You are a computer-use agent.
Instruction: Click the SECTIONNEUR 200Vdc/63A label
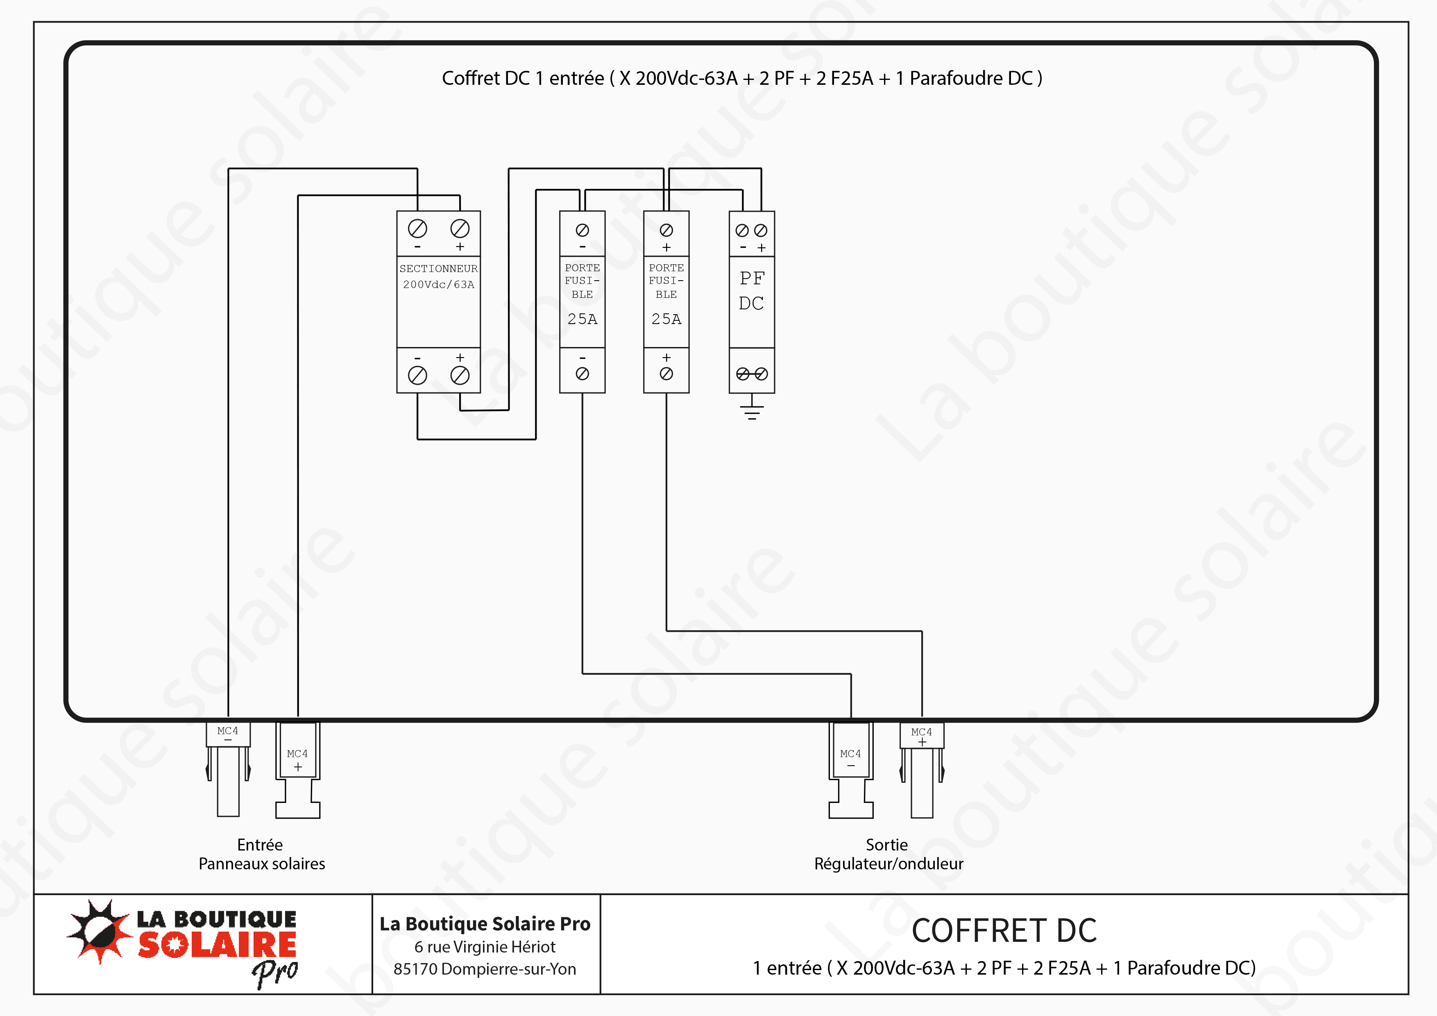(x=438, y=276)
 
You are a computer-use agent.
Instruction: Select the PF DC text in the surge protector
(x=752, y=290)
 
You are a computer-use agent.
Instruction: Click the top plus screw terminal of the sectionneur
(x=460, y=229)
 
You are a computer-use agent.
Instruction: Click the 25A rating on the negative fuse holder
(x=582, y=319)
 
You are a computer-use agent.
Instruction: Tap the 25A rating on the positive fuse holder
(x=666, y=319)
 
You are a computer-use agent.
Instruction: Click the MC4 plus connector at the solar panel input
(x=298, y=770)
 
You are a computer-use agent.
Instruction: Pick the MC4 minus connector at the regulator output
(x=850, y=770)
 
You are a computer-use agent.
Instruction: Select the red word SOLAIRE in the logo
(x=217, y=945)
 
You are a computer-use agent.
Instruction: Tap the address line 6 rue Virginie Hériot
(x=485, y=946)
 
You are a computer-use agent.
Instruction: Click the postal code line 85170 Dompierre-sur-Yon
(x=485, y=969)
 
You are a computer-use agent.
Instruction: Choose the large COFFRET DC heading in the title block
(x=1004, y=930)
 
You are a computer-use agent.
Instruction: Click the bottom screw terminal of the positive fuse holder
(x=666, y=374)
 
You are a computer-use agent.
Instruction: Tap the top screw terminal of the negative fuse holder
(x=582, y=230)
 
